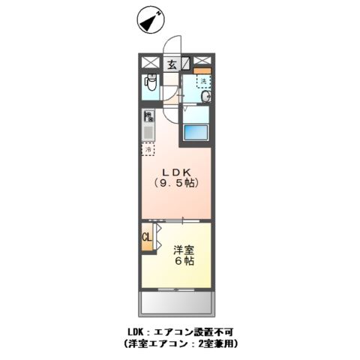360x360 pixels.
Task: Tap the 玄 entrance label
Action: pos(171,64)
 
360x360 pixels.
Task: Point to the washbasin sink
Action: pos(205,96)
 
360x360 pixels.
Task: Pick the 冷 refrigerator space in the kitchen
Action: pos(148,149)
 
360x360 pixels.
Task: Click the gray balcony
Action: pos(175,304)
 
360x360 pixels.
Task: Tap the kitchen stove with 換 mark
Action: pos(148,116)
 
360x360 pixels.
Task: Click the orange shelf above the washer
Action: pos(203,71)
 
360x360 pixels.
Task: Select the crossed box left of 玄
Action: pos(149,63)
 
